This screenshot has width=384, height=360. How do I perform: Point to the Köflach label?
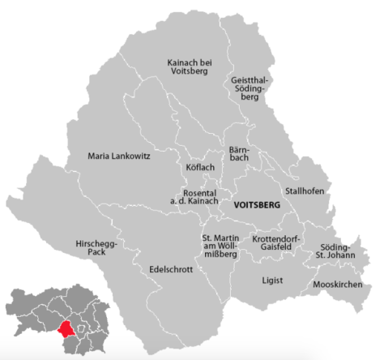199,167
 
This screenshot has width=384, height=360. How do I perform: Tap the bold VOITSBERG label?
256,206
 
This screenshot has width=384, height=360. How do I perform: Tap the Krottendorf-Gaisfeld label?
275,246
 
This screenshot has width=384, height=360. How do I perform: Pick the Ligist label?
273,280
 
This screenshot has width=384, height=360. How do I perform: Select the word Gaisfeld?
275,251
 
